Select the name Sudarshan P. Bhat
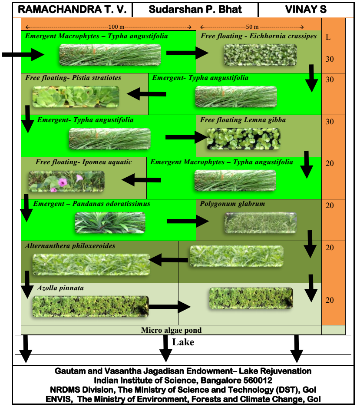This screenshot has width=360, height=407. (195, 9)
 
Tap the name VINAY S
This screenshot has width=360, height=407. (306, 9)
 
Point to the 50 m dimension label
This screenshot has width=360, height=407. (252, 26)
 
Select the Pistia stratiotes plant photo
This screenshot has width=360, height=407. (76, 96)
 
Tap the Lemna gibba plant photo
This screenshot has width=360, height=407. (243, 139)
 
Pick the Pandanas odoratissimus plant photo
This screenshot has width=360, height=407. (110, 222)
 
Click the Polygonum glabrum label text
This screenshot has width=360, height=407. (232, 204)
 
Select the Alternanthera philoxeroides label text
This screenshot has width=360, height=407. (70, 246)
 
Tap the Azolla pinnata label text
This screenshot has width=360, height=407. (60, 288)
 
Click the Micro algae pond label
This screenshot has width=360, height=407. (171, 330)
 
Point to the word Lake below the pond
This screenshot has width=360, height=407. (183, 342)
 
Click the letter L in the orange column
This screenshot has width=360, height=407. (328, 37)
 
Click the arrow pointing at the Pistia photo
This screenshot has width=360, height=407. (146, 93)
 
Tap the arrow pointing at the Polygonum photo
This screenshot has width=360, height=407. (188, 221)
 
